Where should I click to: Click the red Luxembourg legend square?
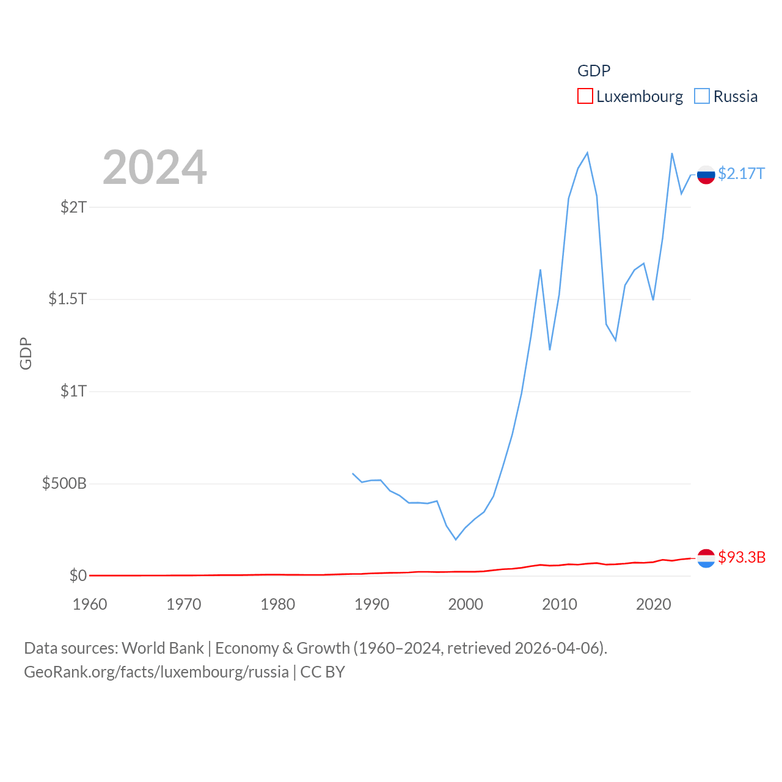pos(585,97)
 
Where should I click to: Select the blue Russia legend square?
pos(702,97)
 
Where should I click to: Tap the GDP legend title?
pos(594,71)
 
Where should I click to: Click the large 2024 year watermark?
pos(155,167)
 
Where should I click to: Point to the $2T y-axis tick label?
pos(73,207)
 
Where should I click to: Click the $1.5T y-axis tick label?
pos(67,299)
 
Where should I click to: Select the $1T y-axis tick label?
pos(73,391)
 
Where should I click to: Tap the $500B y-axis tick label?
pos(64,484)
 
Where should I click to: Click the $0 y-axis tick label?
pos(78,576)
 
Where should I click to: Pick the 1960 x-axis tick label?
pos(90,604)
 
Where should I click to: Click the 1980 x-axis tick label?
pos(278,604)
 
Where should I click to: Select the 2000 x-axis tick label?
pos(466,604)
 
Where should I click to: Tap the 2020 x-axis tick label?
pos(654,604)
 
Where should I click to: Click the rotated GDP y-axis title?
pos(26,353)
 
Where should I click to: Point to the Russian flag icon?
pos(706,175)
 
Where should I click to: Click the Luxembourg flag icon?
pos(706,558)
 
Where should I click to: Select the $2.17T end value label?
pos(741,174)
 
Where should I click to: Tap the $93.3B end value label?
pos(742,557)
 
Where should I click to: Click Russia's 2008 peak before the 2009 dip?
pos(540,270)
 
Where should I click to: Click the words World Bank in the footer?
pos(163,648)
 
